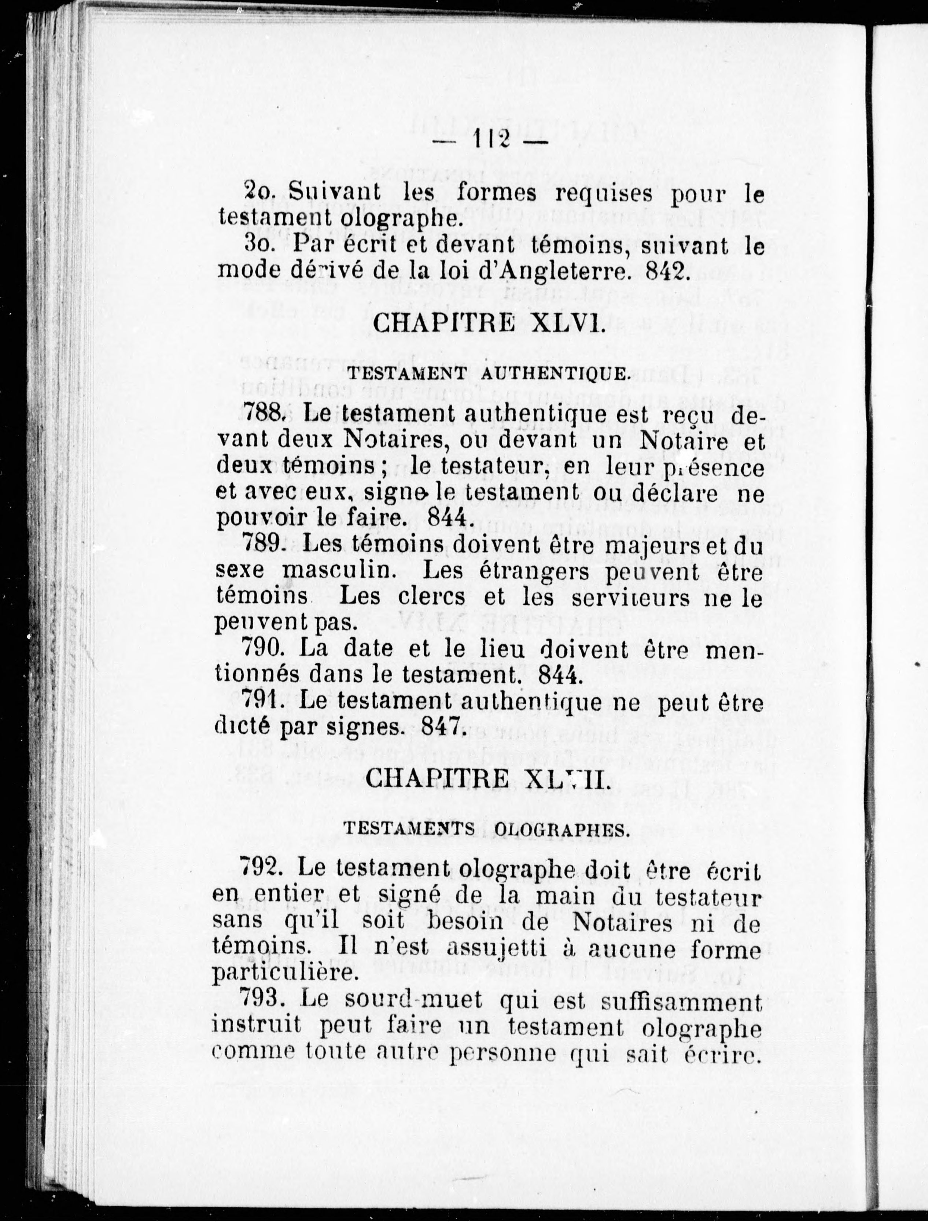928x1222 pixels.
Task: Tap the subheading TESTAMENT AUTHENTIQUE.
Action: [x=489, y=374]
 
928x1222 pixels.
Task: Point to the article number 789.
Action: [x=264, y=546]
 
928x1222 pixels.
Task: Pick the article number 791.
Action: [x=264, y=702]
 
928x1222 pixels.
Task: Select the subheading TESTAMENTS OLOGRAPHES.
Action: [x=486, y=829]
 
